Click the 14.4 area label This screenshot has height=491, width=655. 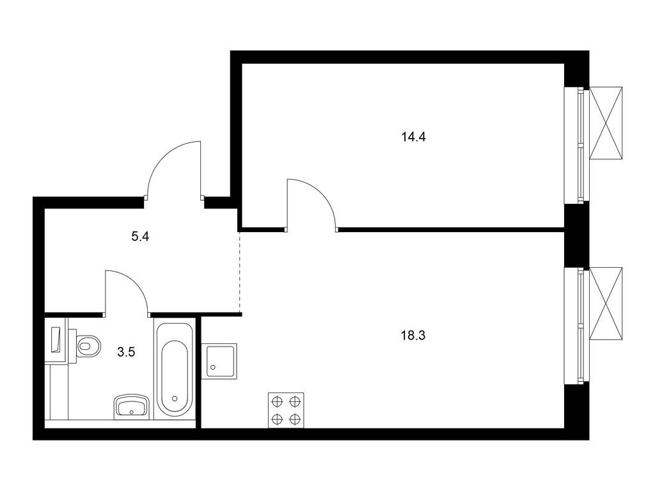[413, 136]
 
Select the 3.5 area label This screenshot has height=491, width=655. [127, 350]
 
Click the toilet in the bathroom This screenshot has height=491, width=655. [88, 346]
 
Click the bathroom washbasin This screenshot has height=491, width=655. [131, 405]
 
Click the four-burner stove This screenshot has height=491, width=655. [285, 410]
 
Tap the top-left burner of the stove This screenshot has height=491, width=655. [277, 401]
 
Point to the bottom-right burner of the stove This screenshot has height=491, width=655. [294, 419]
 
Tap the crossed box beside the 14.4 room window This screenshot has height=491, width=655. [605, 122]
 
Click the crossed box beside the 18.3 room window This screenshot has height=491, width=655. [605, 304]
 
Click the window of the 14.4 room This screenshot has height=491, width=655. [574, 145]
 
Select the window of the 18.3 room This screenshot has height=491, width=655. [574, 326]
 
